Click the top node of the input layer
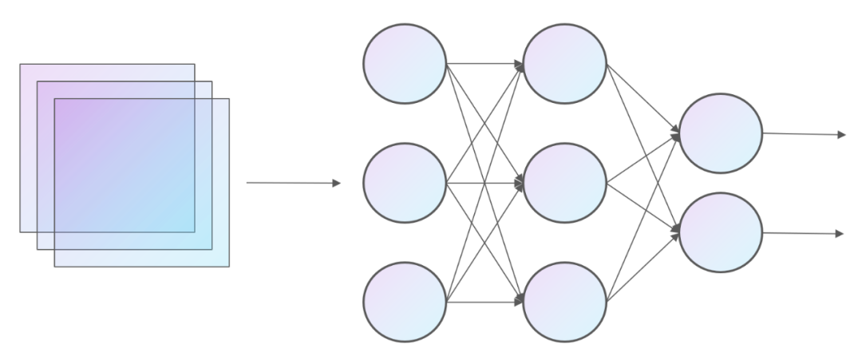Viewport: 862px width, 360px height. [405, 63]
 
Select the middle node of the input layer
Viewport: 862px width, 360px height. [405, 183]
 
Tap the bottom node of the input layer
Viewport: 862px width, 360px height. [405, 303]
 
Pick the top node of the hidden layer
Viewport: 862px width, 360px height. [564, 63]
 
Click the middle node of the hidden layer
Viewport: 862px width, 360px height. [564, 183]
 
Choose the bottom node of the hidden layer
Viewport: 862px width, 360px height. [564, 303]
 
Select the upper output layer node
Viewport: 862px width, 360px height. [721, 133]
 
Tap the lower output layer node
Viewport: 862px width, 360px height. [721, 232]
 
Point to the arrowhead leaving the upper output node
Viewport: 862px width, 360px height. [841, 135]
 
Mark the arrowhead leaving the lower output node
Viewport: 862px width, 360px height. [840, 234]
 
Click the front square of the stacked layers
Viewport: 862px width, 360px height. [141, 182]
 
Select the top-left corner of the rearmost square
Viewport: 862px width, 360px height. [21, 65]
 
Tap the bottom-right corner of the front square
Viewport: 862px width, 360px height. [228, 266]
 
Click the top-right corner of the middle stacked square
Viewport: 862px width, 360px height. [212, 81]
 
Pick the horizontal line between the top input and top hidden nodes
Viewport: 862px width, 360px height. [484, 63]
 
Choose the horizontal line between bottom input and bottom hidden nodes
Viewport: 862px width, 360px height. [484, 303]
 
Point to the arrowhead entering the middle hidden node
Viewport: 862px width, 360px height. [520, 184]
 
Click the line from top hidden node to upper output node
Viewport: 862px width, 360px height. [643, 98]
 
